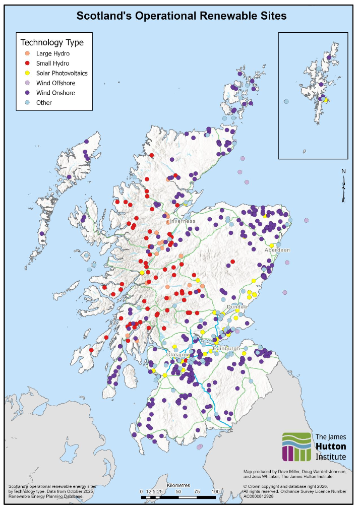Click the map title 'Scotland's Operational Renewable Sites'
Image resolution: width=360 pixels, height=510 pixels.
tap(182, 16)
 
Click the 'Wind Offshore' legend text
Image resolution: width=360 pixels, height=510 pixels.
tap(55, 83)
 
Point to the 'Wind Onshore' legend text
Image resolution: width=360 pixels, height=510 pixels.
tap(55, 93)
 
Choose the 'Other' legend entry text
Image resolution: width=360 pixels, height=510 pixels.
tap(44, 103)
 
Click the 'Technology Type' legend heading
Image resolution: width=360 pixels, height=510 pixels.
tap(52, 42)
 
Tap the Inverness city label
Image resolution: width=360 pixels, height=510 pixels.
tap(182, 221)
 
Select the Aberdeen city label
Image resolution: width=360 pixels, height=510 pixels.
tap(278, 250)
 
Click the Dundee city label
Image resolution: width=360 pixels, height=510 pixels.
tap(237, 306)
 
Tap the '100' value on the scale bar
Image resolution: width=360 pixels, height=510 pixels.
tap(215, 491)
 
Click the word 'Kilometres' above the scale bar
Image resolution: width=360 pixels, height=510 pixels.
tap(178, 485)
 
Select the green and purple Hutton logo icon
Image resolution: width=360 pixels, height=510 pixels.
tap(296, 447)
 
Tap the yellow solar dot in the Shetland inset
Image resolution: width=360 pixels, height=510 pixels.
tap(326, 100)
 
